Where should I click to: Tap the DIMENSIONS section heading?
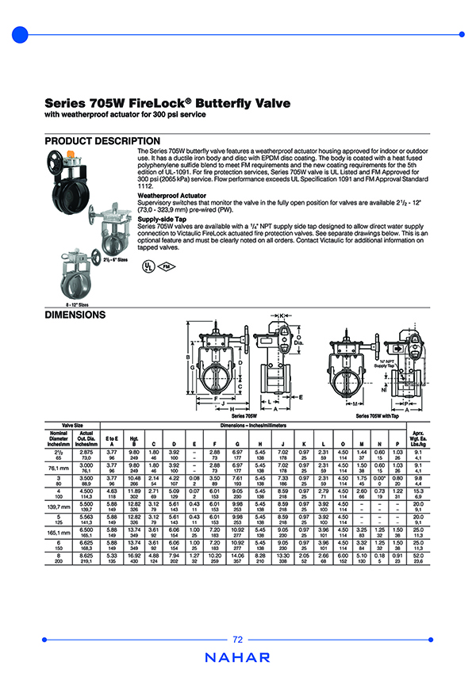tap(75, 315)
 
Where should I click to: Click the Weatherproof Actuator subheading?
tap(172, 194)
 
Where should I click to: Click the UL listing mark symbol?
tap(149, 267)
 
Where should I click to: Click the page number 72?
tap(238, 640)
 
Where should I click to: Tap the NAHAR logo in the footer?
tap(238, 657)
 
